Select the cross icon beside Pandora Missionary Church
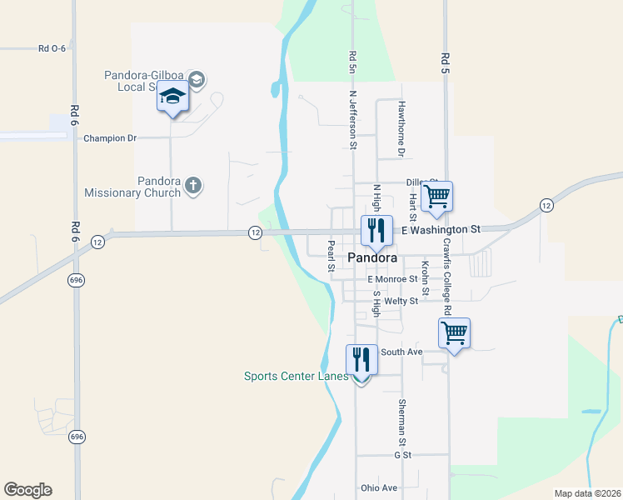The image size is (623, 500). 193,185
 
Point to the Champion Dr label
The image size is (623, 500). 109,138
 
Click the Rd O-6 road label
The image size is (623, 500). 52,49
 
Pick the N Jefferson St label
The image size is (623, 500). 353,120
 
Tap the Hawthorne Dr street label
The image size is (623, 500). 401,129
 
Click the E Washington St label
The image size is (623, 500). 441,228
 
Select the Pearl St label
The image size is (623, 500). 331,257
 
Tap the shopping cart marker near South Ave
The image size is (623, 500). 454,333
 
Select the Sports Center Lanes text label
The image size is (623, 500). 296,376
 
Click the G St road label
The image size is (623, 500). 403,455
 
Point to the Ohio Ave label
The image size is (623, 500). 379,487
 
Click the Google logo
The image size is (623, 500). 27,490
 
